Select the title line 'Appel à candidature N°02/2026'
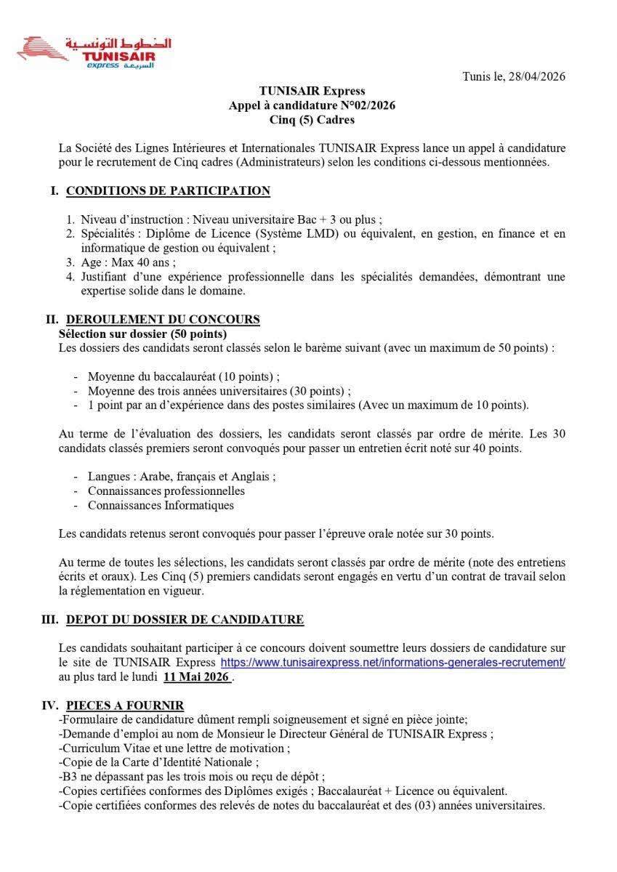tap(312, 105)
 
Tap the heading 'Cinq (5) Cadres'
tap(312, 120)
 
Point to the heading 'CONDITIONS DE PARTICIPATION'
tap(168, 191)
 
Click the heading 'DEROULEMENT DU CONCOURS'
tap(163, 320)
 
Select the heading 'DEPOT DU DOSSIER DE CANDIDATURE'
tap(185, 620)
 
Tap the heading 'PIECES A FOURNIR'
tap(125, 705)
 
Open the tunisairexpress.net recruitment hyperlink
tap(392, 663)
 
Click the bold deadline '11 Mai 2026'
tap(197, 677)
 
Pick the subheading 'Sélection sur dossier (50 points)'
tap(142, 334)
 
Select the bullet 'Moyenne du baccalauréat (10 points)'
tap(183, 376)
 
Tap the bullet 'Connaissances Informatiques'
tap(161, 505)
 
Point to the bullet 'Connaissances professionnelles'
tap(166, 490)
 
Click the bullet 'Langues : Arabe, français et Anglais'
tap(182, 477)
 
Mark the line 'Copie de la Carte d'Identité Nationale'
tap(159, 762)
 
